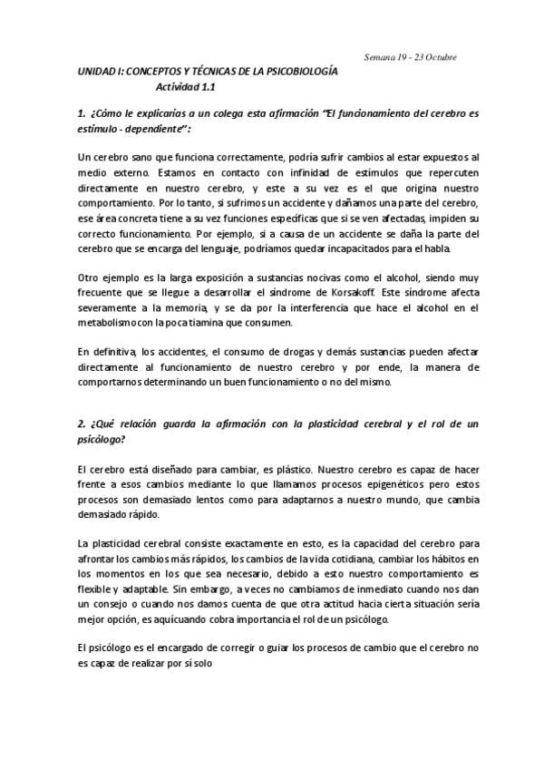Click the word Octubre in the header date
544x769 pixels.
437,57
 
